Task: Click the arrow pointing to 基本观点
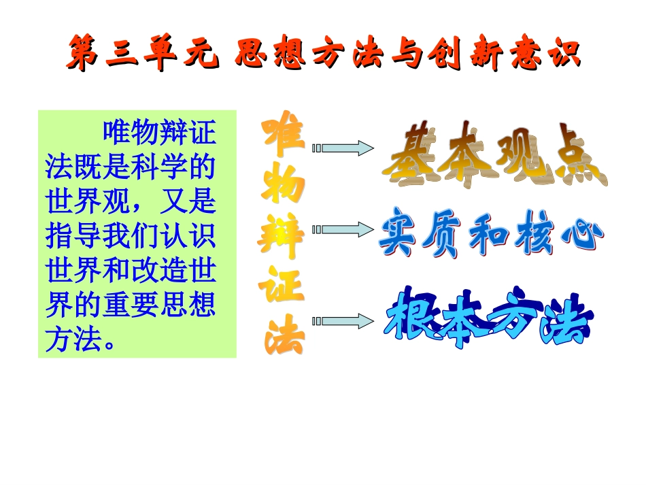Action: [x=343, y=148]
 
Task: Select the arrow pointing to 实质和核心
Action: [x=343, y=230]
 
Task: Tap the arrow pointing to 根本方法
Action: [x=343, y=321]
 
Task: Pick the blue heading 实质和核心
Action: [x=491, y=233]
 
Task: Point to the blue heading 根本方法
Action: [x=488, y=317]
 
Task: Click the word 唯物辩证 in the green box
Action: [x=160, y=133]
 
